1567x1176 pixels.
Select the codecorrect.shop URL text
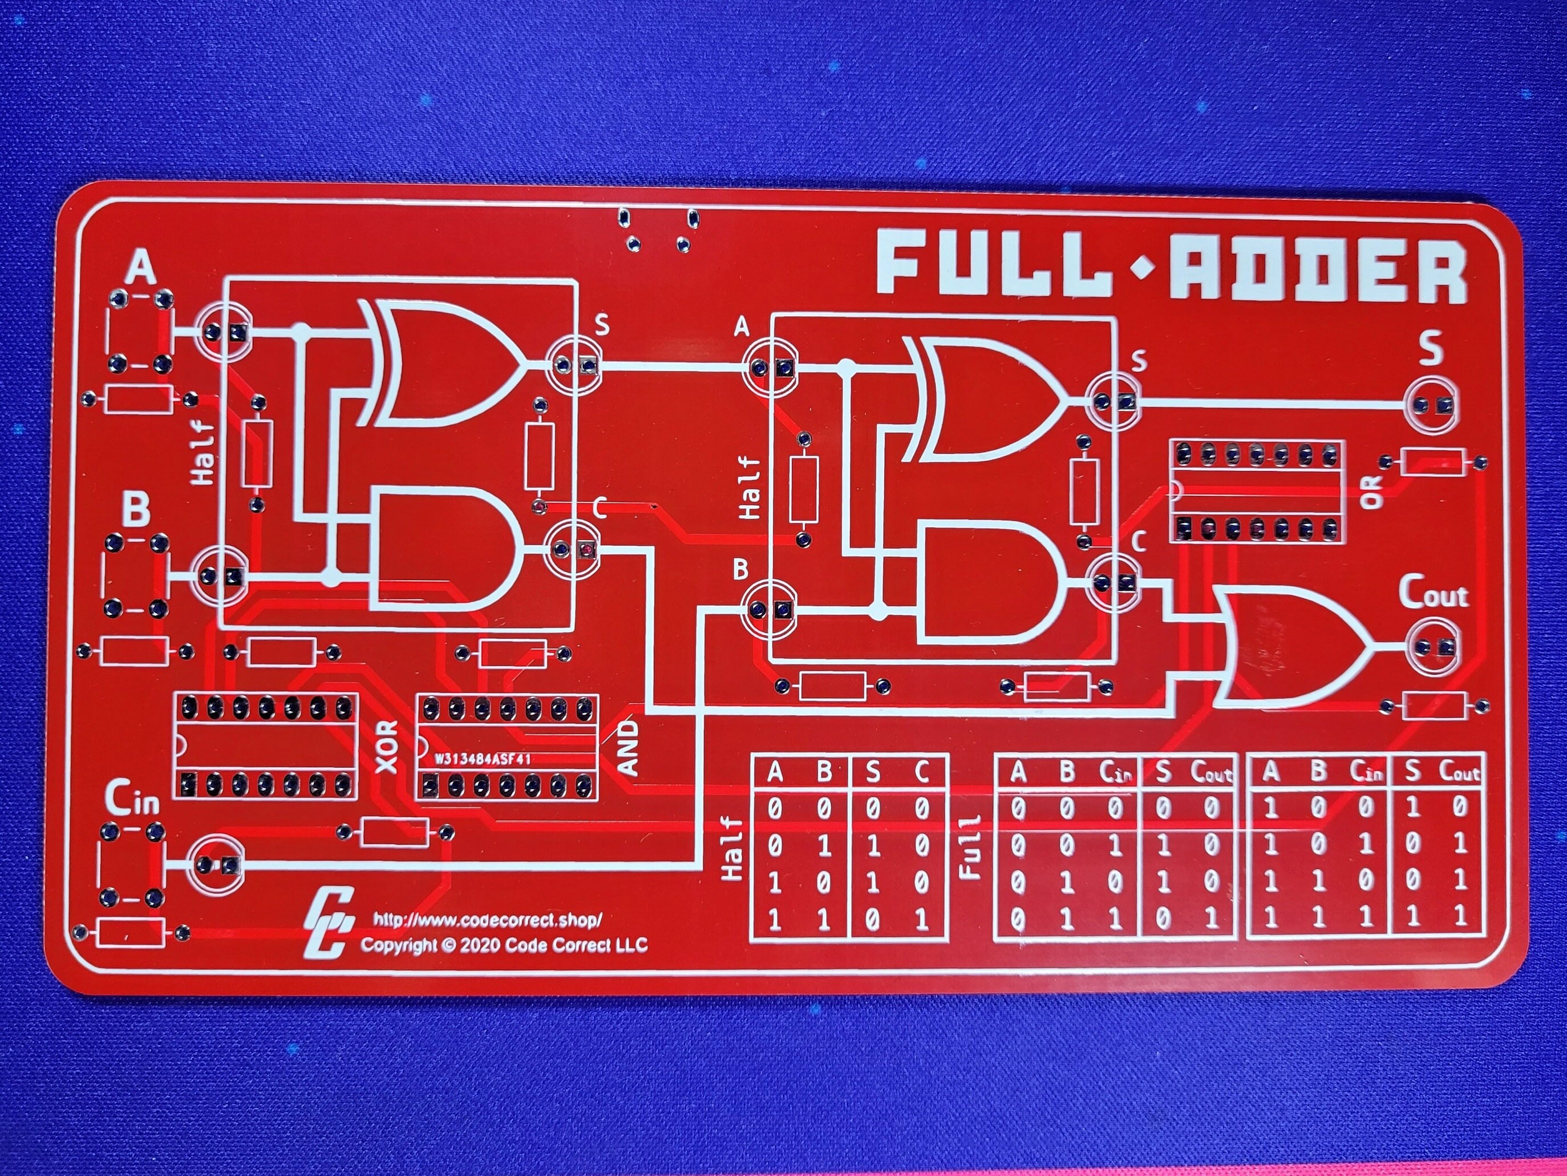click(x=487, y=920)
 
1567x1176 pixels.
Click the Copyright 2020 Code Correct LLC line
click(x=504, y=945)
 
